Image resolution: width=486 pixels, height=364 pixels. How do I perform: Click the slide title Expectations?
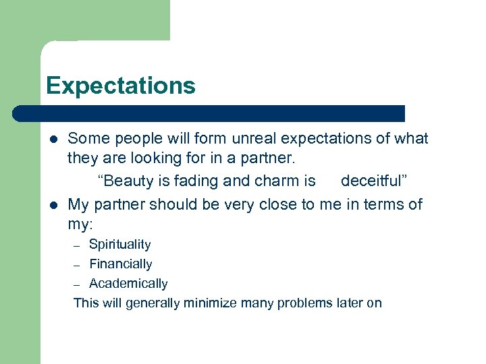coord(120,86)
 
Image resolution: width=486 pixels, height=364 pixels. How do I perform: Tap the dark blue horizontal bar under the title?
coord(209,113)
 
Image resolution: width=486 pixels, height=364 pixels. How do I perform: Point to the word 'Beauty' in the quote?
coord(126,181)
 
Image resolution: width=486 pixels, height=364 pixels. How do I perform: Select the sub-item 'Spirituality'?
coord(119,244)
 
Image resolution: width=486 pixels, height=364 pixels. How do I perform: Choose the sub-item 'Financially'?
coord(120,264)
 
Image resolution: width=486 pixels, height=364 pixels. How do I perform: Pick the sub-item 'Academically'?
coord(128,284)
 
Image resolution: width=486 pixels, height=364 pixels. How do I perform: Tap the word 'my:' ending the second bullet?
coord(81,224)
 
